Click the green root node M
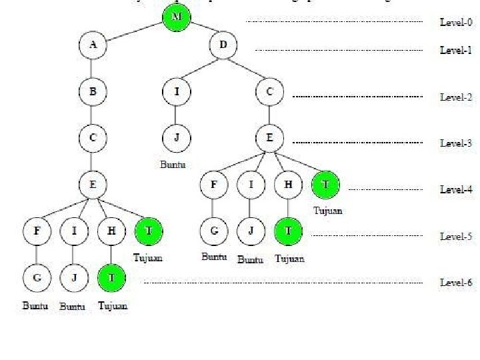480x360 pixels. click(x=176, y=17)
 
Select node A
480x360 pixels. click(x=93, y=45)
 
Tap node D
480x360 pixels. click(x=223, y=45)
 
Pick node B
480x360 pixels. click(x=93, y=92)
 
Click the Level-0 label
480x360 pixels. click(x=456, y=22)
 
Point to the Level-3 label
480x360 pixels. click(x=456, y=143)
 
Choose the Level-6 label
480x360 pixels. click(x=456, y=283)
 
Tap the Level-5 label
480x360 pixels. click(x=456, y=236)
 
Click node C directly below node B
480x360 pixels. click(x=93, y=138)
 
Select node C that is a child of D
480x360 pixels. click(x=269, y=92)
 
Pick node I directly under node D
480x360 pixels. click(x=176, y=92)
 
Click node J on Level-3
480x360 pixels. click(x=176, y=138)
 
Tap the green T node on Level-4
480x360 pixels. click(x=325, y=185)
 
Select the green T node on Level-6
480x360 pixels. click(x=111, y=278)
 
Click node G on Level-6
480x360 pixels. click(x=37, y=278)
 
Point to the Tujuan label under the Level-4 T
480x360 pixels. click(x=327, y=211)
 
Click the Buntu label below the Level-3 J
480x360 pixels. click(x=173, y=164)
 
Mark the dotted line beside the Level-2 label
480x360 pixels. click(x=357, y=97)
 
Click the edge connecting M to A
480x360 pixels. click(x=134, y=31)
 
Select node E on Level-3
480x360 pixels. click(x=269, y=138)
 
